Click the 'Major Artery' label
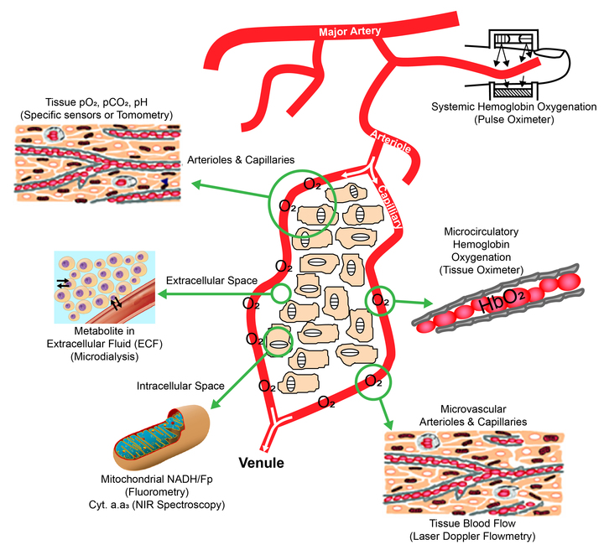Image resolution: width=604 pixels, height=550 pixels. (x=350, y=32)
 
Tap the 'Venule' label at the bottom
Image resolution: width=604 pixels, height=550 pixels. (x=262, y=463)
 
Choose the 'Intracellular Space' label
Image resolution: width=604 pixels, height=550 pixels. (x=180, y=387)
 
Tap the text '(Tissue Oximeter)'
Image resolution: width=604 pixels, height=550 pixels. (x=481, y=271)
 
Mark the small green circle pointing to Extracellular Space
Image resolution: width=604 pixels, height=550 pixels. (x=281, y=292)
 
